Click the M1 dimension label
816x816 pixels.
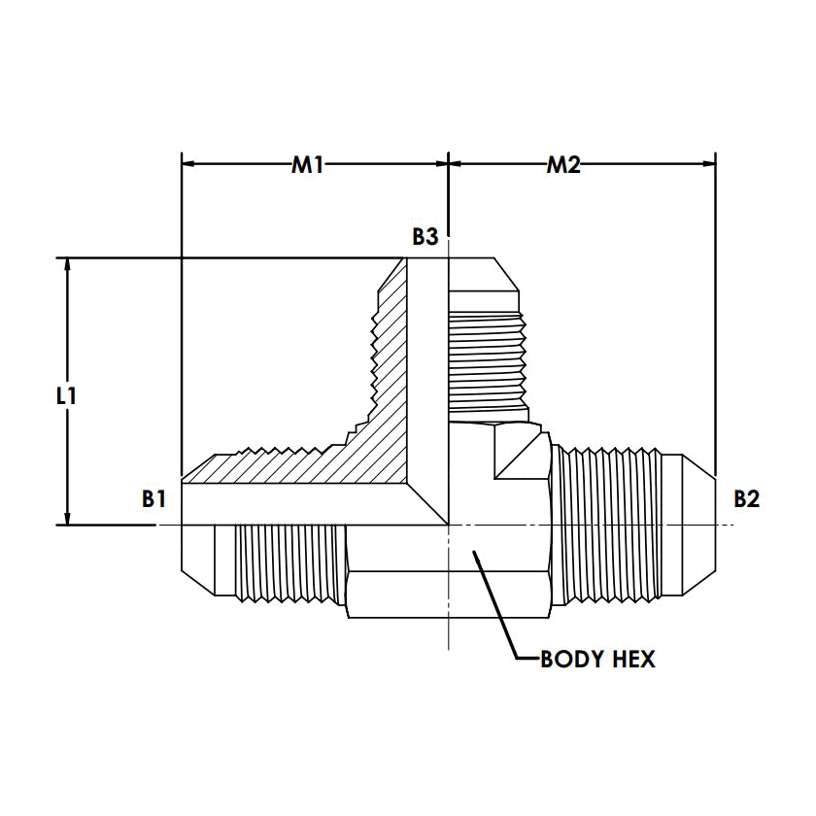point(308,165)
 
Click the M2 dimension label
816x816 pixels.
point(562,165)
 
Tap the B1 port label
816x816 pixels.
point(153,499)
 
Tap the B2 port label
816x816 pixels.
point(746,499)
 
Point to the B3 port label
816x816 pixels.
point(425,236)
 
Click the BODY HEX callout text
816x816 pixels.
point(597,660)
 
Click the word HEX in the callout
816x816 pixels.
point(632,660)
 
